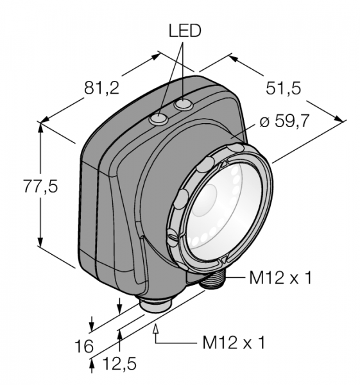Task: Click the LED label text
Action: point(185,31)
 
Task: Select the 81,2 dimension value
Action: point(101,88)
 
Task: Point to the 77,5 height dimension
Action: point(40,186)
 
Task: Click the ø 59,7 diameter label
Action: point(284,121)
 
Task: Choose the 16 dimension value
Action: point(84,346)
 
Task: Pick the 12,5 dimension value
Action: point(119,364)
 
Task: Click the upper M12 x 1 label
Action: point(280,278)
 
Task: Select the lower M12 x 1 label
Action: point(234,343)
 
